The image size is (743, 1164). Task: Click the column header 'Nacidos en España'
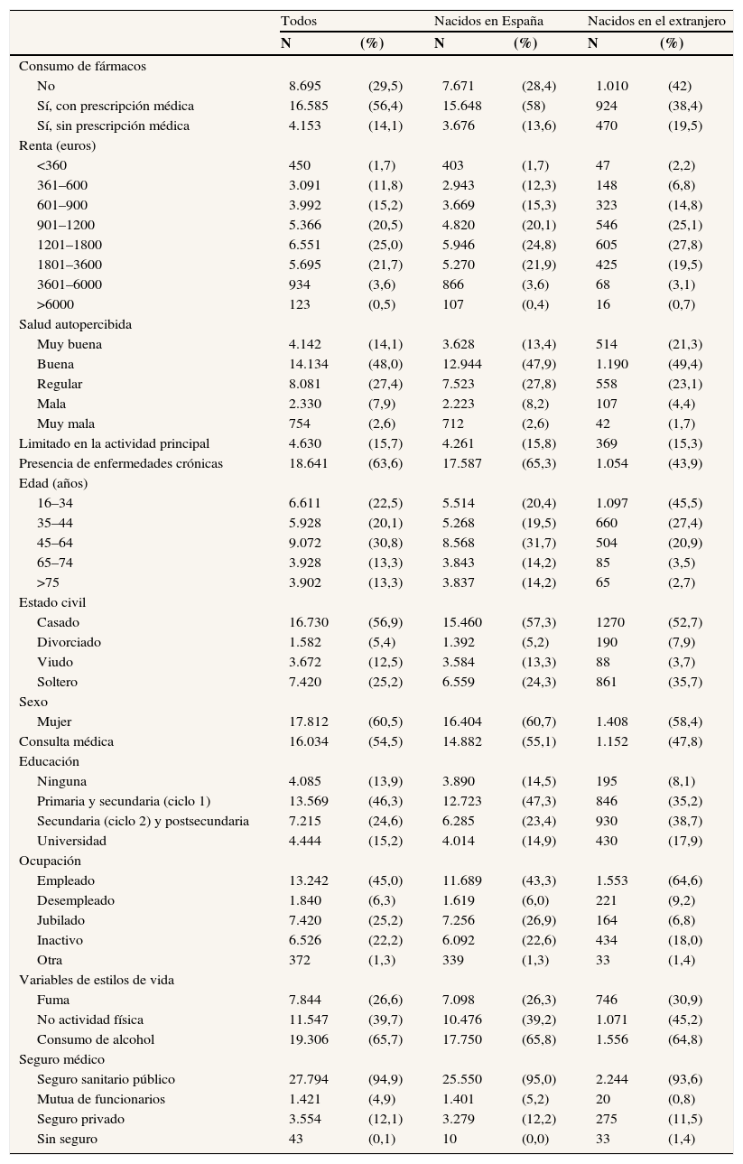tap(488, 21)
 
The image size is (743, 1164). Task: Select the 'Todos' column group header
tap(298, 21)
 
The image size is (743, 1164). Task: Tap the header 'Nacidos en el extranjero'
tap(656, 21)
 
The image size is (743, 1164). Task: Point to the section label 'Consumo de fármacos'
tap(82, 66)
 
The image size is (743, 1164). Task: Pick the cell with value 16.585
tap(309, 106)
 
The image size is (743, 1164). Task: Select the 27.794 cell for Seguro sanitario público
tap(309, 1079)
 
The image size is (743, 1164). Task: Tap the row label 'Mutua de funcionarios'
tap(101, 1099)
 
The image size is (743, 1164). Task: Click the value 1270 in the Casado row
tap(610, 622)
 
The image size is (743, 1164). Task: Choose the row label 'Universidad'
tap(71, 841)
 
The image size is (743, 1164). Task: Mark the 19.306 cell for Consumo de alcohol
tap(309, 1039)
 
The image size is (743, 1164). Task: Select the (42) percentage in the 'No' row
tap(680, 86)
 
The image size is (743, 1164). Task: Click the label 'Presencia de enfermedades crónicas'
tap(121, 463)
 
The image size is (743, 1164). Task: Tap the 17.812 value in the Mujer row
tap(309, 722)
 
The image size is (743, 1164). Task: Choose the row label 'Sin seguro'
tap(67, 1139)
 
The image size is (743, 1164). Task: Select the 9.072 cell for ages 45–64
tap(305, 543)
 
